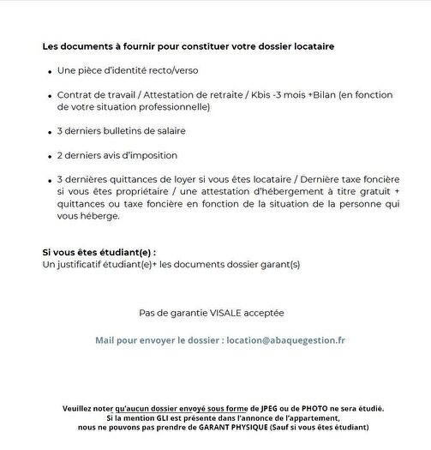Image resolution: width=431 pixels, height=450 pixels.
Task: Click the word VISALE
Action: (226, 313)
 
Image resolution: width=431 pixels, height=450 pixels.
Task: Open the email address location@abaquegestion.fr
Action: (286, 340)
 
